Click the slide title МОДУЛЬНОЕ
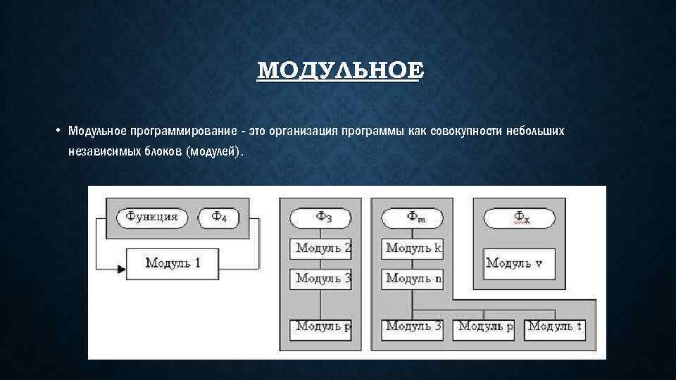pos(341,71)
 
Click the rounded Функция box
pos(151,217)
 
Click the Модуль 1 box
pos(173,263)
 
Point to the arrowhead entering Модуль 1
pos(122,268)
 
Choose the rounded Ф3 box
pos(320,217)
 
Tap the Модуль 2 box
pos(321,248)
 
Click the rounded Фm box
pos(412,217)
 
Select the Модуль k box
pos(413,248)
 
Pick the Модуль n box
pos(413,278)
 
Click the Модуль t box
pos(556,327)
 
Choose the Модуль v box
pos(519,263)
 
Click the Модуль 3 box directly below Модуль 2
pos(321,278)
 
